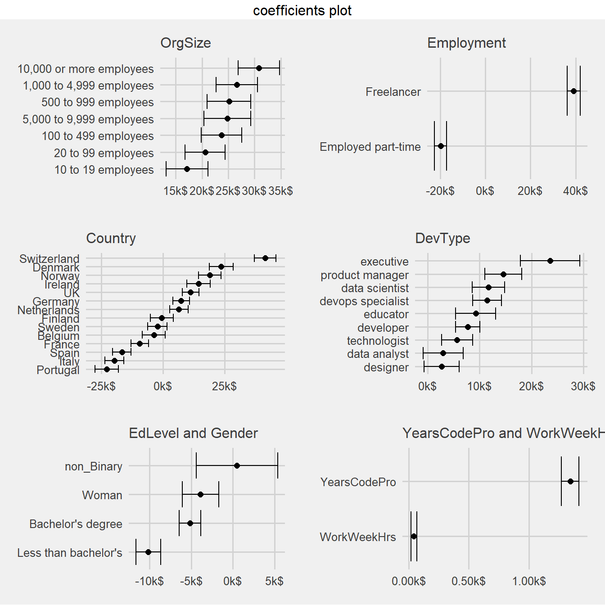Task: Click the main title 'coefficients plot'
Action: (x=302, y=10)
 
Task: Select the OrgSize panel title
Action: (x=185, y=43)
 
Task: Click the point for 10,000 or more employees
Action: (x=259, y=68)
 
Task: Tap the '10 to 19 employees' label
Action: (x=104, y=170)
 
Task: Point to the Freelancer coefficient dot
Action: (x=573, y=91)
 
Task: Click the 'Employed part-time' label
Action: (x=370, y=147)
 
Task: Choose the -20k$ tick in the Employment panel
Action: (x=440, y=191)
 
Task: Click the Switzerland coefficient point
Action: (x=265, y=258)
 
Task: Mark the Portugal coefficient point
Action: (x=107, y=369)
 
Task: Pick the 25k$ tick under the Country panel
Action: (x=224, y=386)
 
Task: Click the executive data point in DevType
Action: (x=550, y=261)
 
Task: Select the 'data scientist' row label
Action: (x=375, y=288)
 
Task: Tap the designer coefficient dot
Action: (x=442, y=367)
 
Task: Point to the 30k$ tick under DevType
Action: (x=583, y=386)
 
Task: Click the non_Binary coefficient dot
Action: (x=237, y=465)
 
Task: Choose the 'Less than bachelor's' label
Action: (x=70, y=553)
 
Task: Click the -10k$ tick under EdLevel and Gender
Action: (x=149, y=581)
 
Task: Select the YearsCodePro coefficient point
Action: (x=570, y=481)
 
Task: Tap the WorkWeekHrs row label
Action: (x=358, y=537)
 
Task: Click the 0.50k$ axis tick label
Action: (x=469, y=581)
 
